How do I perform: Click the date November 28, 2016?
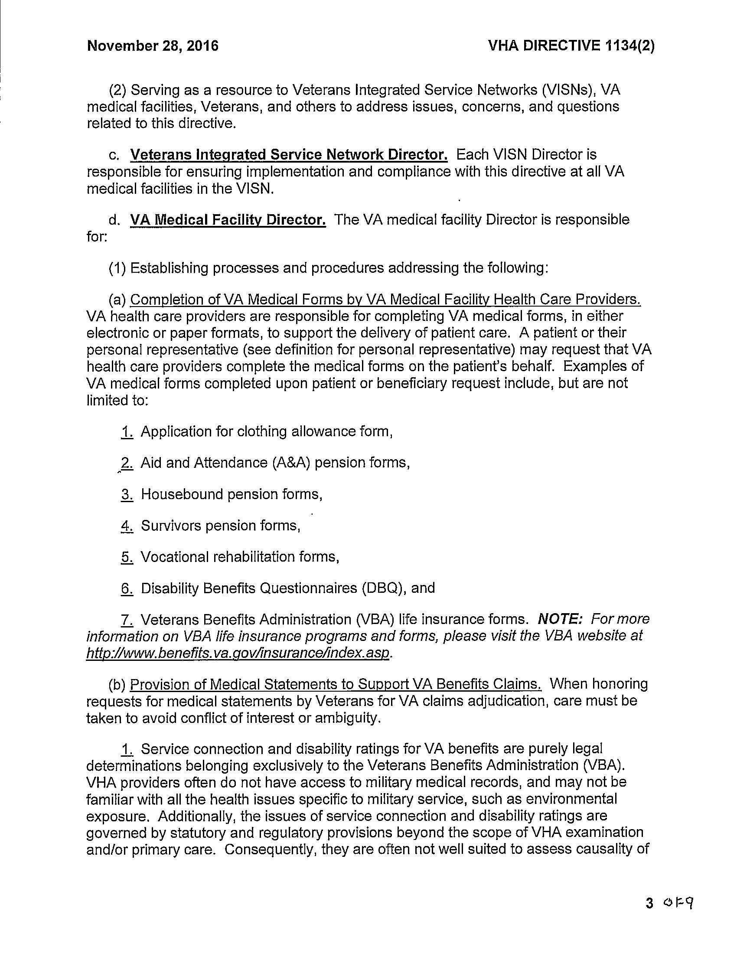point(153,46)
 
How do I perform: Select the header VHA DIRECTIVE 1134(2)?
point(571,46)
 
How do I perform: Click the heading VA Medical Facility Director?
point(228,219)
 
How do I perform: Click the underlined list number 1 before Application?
point(127,431)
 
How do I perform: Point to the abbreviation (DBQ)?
point(383,588)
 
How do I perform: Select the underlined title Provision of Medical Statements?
point(336,684)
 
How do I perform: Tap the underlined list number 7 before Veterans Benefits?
point(127,619)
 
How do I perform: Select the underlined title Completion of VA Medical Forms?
point(385,299)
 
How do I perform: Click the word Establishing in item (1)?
point(169,268)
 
